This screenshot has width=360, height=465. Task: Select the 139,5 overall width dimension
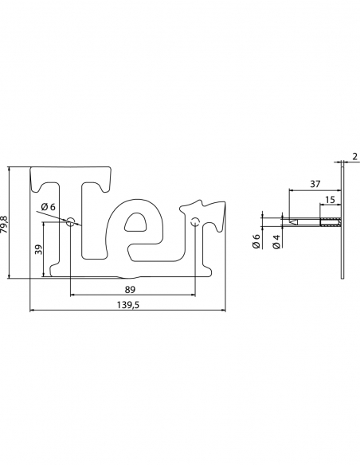coord(127,305)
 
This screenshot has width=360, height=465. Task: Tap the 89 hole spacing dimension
coord(130,290)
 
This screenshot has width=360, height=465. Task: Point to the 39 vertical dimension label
coord(38,249)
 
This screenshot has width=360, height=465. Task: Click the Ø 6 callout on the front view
coord(49,207)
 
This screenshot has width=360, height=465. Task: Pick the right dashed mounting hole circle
coord(195,221)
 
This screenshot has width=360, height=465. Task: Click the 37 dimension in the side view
coord(315,184)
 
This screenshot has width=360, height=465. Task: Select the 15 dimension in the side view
coord(330,200)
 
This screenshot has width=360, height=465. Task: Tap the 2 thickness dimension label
coord(355,157)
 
